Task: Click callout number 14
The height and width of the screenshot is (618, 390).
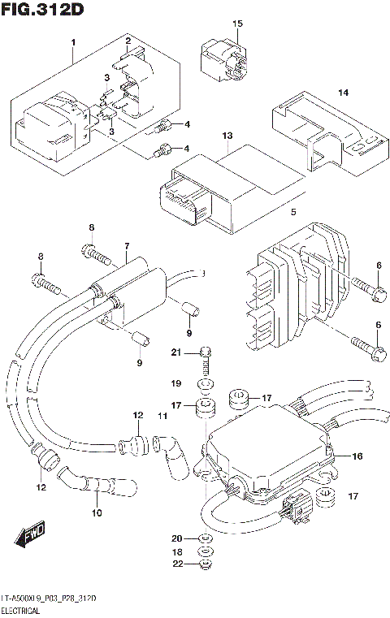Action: (343, 93)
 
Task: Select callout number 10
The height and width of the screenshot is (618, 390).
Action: (97, 513)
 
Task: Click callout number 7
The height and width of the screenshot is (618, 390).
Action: (127, 246)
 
